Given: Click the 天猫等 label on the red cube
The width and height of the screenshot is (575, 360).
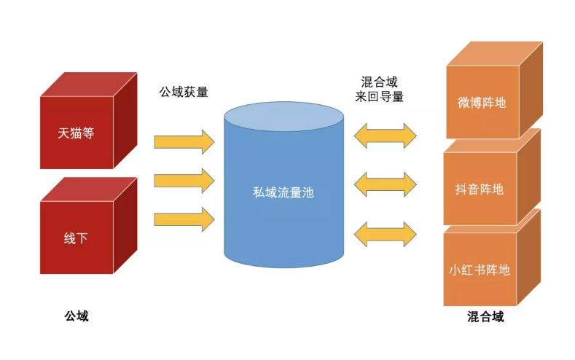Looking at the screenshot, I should pos(77,133).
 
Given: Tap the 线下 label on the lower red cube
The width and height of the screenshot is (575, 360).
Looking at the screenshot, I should pos(76,238).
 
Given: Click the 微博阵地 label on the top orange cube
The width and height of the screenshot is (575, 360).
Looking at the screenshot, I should pos(482,102).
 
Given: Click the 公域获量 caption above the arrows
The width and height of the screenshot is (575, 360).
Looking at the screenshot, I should pos(184,92).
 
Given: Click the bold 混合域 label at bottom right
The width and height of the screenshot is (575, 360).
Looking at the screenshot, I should pos(485,317).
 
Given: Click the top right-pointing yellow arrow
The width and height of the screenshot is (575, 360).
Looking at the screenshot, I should pos(184,140).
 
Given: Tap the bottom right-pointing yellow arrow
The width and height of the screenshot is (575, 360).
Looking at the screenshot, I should pos(184,218).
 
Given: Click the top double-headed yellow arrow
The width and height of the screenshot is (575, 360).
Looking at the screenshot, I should pos(385,136).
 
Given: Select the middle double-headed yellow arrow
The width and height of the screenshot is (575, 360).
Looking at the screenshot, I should pos(385,183).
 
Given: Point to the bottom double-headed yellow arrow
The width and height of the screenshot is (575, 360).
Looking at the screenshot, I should pos(385,232).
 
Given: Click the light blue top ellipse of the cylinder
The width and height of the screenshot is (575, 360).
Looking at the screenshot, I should pos(283,117).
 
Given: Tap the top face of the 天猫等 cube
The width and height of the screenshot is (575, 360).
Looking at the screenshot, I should pos(89,84).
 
